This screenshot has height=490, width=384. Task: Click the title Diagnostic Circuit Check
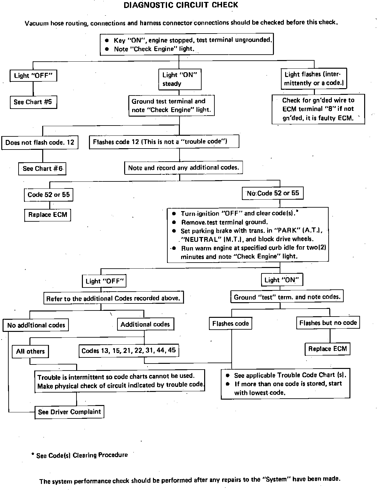(181, 5)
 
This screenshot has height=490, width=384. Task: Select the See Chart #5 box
(33, 102)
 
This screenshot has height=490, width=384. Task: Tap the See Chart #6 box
(43, 169)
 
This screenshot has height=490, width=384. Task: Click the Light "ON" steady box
(180, 79)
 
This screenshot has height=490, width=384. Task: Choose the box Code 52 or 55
(49, 195)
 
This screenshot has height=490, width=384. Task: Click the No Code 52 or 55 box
(273, 193)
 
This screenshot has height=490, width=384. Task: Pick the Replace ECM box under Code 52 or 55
(48, 215)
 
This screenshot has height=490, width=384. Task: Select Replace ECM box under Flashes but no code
(327, 349)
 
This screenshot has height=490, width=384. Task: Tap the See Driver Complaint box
(69, 412)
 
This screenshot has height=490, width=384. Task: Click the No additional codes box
(36, 325)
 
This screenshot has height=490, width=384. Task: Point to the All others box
(30, 351)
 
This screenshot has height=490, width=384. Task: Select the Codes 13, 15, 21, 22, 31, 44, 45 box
(129, 351)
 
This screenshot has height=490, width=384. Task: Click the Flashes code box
(230, 324)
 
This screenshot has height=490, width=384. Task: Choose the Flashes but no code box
(328, 323)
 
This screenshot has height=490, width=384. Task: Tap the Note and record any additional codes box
(183, 168)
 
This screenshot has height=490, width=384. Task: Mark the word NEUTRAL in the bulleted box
(199, 239)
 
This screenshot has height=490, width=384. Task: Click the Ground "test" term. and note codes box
(287, 297)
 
